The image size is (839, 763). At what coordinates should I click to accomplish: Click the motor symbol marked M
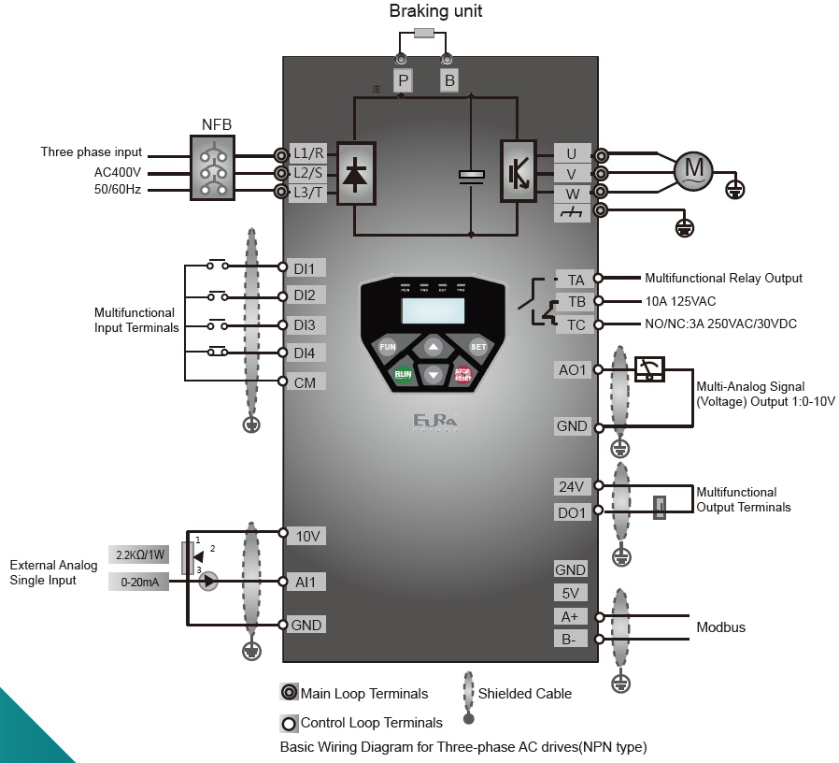tap(694, 169)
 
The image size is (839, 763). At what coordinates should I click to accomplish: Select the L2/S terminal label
tap(308, 173)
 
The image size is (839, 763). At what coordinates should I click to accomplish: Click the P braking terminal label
tap(403, 81)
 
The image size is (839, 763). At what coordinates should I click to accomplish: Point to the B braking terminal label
tap(449, 81)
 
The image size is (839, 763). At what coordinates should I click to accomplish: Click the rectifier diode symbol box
tap(356, 172)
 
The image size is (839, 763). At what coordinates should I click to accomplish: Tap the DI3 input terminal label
tap(305, 325)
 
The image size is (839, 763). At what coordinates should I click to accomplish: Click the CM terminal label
tap(305, 382)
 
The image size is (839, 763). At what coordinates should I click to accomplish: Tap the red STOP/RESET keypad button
tap(462, 374)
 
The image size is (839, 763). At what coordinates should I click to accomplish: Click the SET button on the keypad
tap(478, 347)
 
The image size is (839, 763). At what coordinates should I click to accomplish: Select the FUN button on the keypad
tap(387, 347)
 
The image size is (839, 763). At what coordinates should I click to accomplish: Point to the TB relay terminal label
tap(576, 301)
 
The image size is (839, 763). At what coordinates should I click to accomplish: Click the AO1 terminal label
tap(573, 370)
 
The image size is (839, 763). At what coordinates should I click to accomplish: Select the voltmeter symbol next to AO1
tap(649, 369)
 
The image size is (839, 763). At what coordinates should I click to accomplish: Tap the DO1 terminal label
tap(573, 512)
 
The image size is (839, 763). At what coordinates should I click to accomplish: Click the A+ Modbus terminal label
tap(570, 616)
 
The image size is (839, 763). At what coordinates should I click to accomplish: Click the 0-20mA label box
tap(139, 582)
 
